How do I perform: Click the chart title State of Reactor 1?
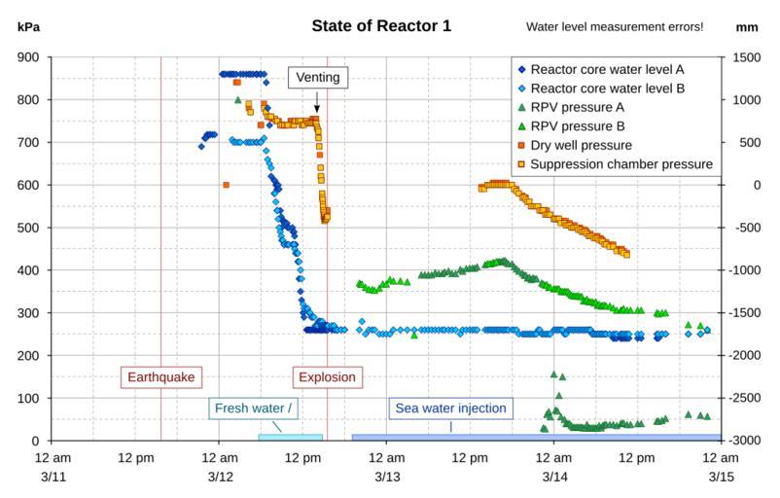tap(381, 26)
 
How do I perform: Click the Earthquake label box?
tap(160, 376)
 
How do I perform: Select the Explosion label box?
tap(327, 376)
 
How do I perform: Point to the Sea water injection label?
tap(450, 409)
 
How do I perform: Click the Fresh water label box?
tap(249, 409)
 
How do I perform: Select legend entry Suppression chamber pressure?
tap(619, 163)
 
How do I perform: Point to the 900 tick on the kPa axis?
tap(28, 57)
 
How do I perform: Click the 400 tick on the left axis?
tap(28, 270)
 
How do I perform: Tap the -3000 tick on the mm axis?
tap(744, 442)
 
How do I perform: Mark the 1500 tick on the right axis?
tap(744, 57)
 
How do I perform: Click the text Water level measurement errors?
tap(614, 26)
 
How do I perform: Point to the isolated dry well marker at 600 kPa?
tap(226, 185)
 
